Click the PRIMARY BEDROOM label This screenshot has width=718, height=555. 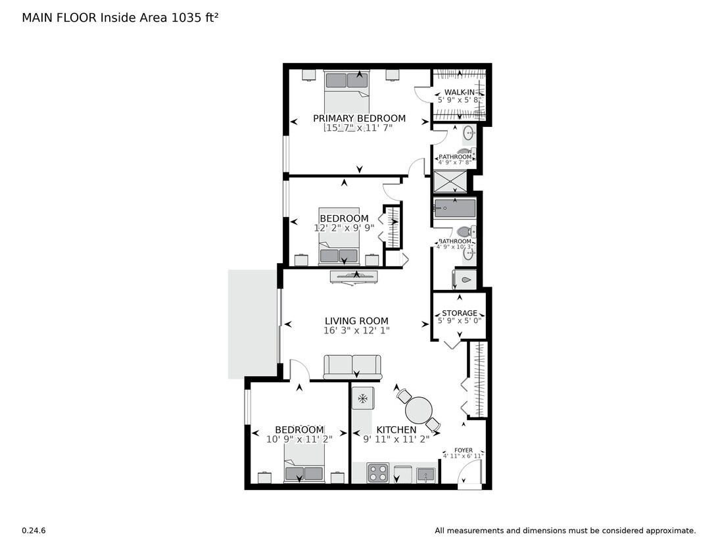click(x=359, y=119)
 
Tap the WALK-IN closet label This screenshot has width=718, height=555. click(x=460, y=92)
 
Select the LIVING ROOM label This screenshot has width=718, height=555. click(x=356, y=322)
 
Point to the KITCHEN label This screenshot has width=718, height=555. click(x=396, y=430)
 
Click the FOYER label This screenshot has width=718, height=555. click(x=463, y=450)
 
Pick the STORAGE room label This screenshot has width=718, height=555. click(x=460, y=313)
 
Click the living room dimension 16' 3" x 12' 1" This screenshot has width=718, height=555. click(x=356, y=331)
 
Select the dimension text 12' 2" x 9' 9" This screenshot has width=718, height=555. click(x=344, y=228)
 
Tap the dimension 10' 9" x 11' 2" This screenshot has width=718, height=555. click(x=299, y=439)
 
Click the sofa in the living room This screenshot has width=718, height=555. click(x=352, y=366)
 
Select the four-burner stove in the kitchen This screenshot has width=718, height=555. click(x=377, y=473)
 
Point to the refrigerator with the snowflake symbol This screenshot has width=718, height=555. click(x=362, y=398)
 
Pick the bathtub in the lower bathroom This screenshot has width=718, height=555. click(x=454, y=208)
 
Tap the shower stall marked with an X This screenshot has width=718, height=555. click(x=450, y=182)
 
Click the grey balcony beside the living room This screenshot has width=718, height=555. click(x=253, y=324)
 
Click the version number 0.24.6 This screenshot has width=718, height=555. click(x=34, y=531)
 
